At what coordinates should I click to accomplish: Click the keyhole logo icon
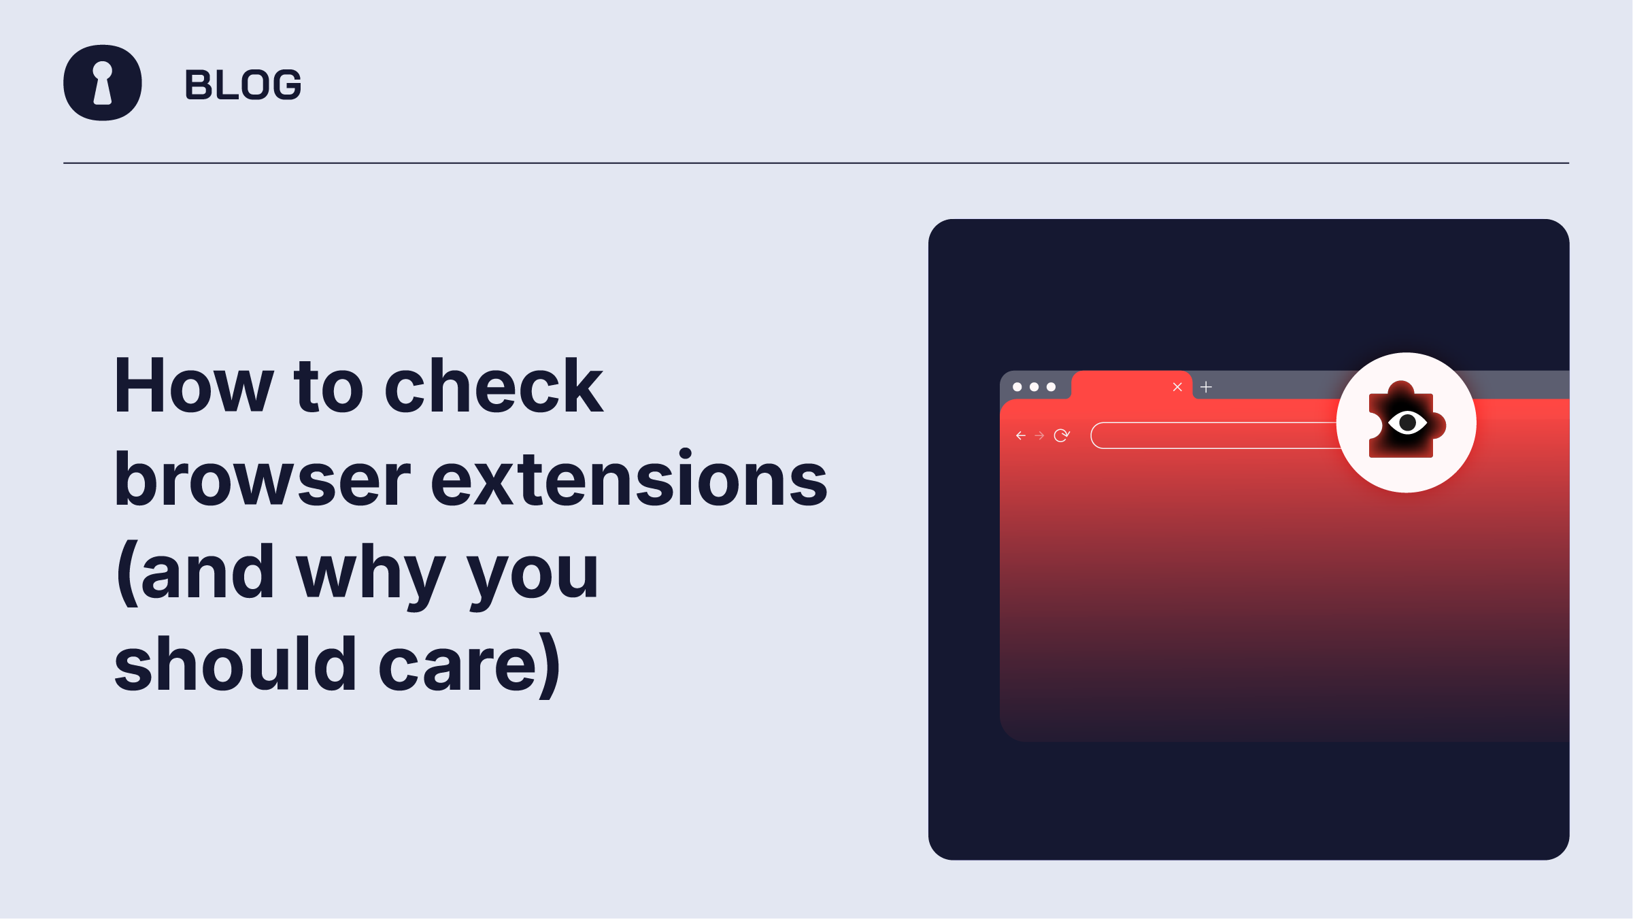click(103, 83)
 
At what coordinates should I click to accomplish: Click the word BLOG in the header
click(243, 85)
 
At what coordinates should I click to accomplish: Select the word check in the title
click(494, 385)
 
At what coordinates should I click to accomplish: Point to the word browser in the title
click(263, 479)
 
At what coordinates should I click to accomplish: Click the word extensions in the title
click(629, 479)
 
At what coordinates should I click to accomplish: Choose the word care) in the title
click(469, 665)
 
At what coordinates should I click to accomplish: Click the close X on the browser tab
click(1177, 387)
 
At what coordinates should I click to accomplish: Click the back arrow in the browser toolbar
click(1020, 435)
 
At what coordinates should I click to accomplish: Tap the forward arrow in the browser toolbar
click(1039, 435)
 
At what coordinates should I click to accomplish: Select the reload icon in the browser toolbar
click(1062, 435)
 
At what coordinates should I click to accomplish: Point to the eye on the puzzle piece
click(1407, 423)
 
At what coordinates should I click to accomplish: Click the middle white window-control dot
click(1034, 387)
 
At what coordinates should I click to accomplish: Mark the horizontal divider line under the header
click(816, 163)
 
